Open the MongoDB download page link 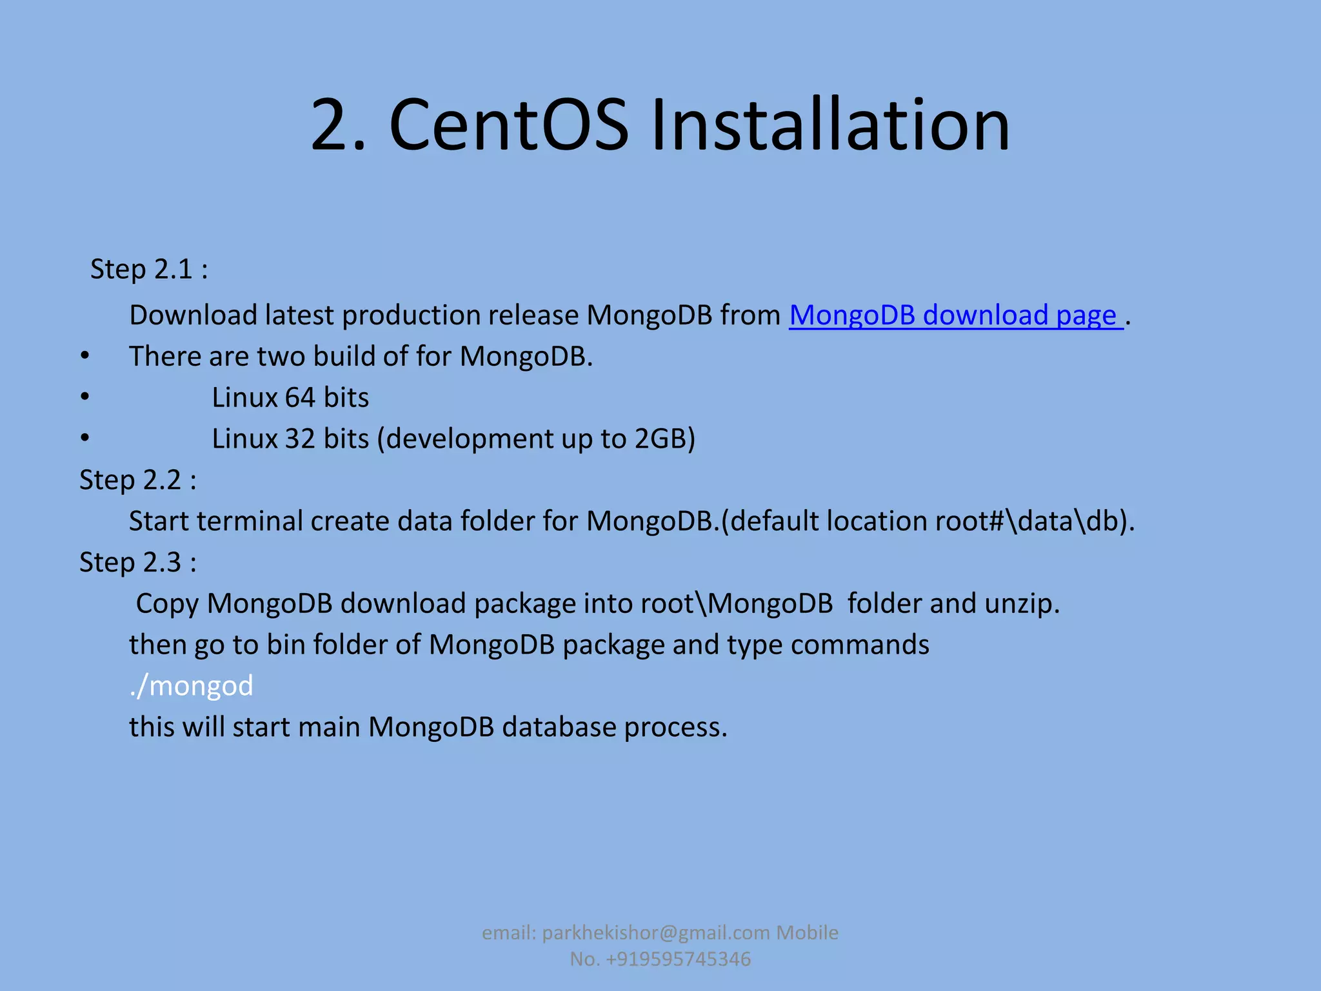[955, 315]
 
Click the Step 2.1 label [149, 269]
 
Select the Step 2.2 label [137, 480]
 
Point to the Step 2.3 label [137, 563]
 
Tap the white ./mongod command [192, 686]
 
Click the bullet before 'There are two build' [85, 356]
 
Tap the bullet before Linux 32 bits [85, 439]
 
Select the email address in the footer [656, 933]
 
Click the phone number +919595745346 [679, 959]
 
